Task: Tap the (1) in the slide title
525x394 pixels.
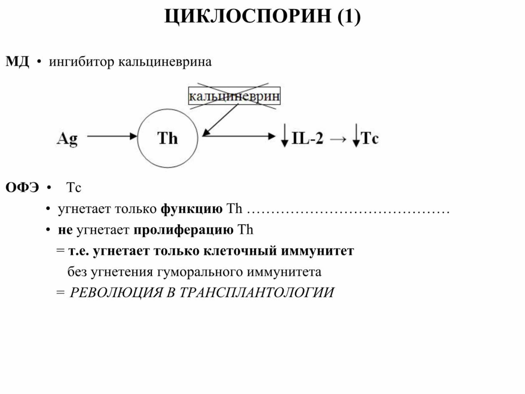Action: coord(349,17)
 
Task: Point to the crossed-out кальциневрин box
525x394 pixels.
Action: coord(234,96)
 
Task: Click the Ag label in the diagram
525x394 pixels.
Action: coord(67,139)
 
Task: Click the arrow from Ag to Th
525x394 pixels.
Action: coord(112,136)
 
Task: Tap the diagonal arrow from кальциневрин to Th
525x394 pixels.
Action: coord(220,120)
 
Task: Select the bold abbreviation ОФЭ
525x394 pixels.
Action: coord(22,188)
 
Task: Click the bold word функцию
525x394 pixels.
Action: coord(192,209)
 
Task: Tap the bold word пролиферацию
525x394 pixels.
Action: coord(184,230)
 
